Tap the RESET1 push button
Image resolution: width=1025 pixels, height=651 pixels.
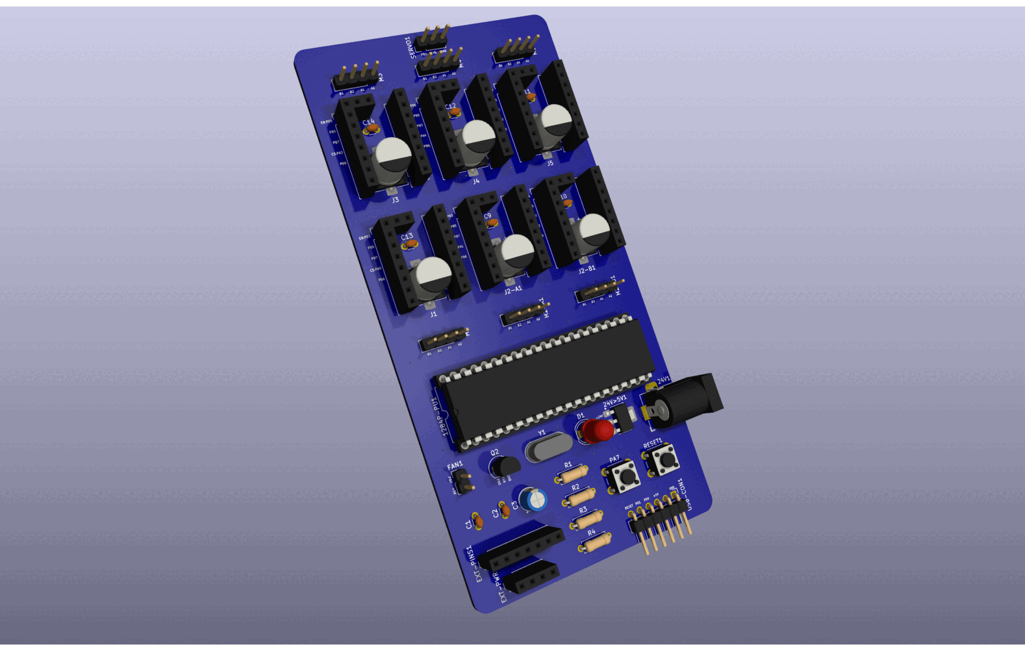coord(663,461)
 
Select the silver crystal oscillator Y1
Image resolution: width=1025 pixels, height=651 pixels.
coord(548,447)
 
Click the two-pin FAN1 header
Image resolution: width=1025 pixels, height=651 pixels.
coord(462,481)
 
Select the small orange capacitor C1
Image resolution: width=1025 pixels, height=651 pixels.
coord(477,520)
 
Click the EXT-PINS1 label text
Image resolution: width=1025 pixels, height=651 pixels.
coord(475,563)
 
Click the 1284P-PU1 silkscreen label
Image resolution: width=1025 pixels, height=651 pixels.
coord(441,416)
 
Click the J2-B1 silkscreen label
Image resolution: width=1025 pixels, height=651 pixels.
coord(587,269)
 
